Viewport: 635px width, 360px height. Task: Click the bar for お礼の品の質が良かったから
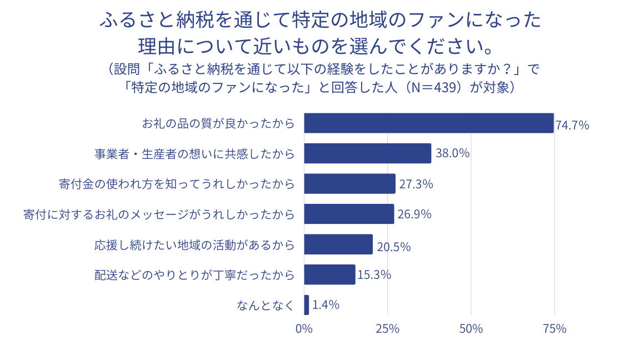(428, 123)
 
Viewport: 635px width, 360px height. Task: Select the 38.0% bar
(367, 153)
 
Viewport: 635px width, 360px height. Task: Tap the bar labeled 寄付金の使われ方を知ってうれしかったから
(349, 184)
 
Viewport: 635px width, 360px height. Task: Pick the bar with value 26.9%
(349, 214)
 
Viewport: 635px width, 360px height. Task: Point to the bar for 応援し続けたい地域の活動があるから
(338, 244)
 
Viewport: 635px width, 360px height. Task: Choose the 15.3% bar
(329, 274)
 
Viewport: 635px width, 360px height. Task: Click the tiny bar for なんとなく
(307, 305)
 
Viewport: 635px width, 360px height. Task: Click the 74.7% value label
(572, 125)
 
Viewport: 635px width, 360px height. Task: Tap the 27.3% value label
(416, 184)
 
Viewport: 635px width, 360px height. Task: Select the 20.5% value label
(393, 247)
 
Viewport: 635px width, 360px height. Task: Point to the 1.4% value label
(326, 305)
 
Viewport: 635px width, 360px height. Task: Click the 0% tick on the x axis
(304, 328)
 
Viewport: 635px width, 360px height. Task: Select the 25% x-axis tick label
(388, 328)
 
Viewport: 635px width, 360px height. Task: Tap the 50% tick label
(471, 328)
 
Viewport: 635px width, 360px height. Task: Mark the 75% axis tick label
(554, 328)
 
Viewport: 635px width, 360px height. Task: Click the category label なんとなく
(265, 305)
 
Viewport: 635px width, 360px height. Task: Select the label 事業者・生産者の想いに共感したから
(194, 154)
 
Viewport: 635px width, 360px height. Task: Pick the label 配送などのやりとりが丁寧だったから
(194, 274)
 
